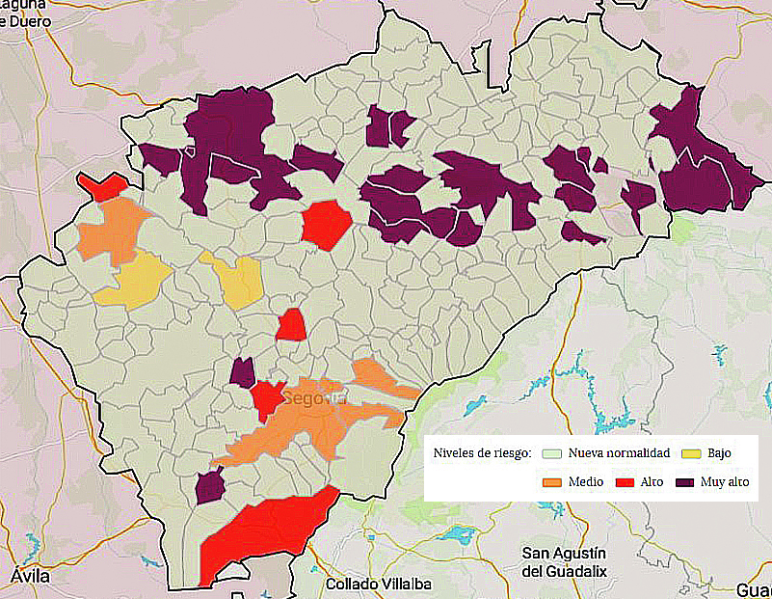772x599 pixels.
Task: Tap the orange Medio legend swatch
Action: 551,481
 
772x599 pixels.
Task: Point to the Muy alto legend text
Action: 726,481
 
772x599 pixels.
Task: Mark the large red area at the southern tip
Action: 265,535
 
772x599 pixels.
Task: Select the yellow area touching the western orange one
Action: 135,280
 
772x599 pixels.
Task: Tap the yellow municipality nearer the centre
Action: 236,280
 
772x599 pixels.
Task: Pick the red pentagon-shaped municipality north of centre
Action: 327,223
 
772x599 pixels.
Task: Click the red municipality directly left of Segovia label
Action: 265,397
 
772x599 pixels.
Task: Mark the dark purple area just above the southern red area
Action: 209,486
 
